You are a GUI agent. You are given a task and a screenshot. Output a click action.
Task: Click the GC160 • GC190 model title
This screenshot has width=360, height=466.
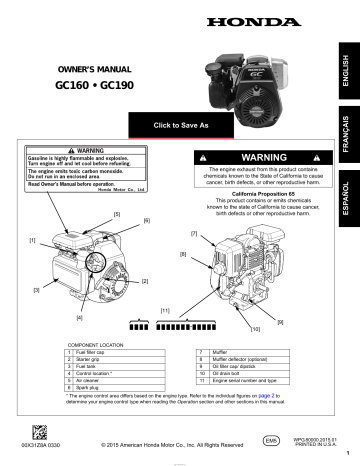point(86,87)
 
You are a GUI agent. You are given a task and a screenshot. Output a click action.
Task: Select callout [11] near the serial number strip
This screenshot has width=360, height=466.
point(165,311)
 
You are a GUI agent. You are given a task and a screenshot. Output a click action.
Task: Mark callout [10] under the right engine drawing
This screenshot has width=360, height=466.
point(256,328)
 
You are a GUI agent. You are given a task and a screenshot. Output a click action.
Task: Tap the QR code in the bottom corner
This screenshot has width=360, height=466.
point(40,434)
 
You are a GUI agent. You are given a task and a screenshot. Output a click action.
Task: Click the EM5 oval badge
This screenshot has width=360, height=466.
point(268,438)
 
